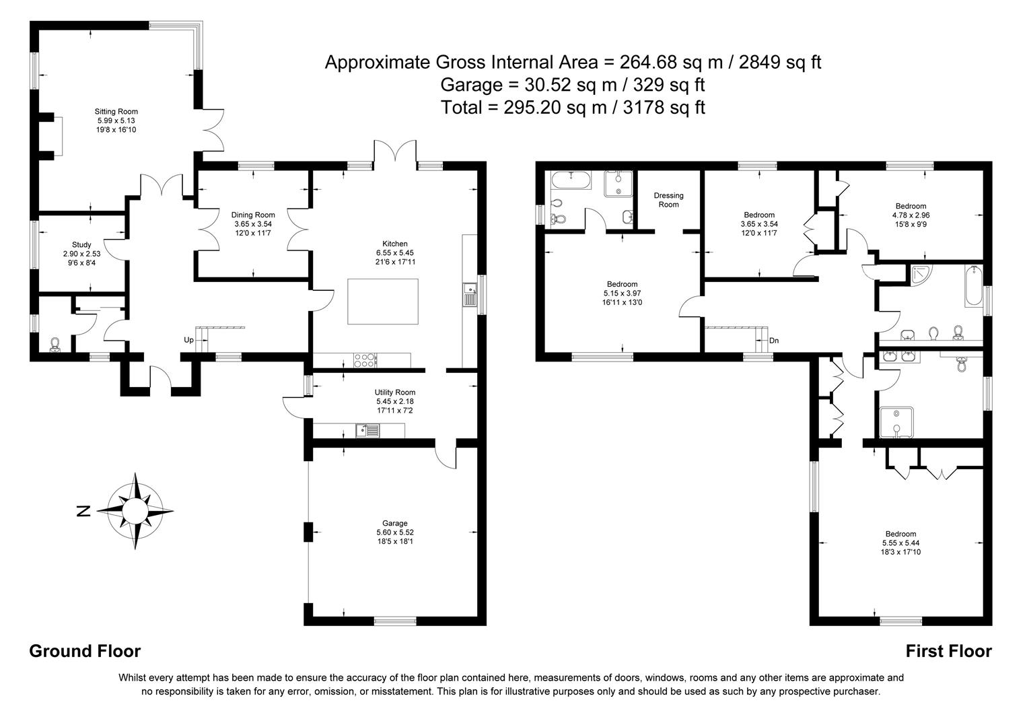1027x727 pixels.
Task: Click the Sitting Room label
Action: pos(116,112)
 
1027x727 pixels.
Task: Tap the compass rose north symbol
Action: pos(83,512)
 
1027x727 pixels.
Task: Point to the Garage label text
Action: pos(395,523)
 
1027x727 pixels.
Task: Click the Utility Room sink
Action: pos(369,430)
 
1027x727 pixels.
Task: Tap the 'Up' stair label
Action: pos(188,341)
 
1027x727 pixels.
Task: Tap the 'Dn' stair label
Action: pos(774,341)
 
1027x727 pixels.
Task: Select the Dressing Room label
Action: pos(668,200)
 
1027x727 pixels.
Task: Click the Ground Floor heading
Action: pos(85,651)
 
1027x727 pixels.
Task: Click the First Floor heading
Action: pos(948,651)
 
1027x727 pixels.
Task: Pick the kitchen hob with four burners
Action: pos(364,361)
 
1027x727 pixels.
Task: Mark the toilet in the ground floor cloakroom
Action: pos(55,345)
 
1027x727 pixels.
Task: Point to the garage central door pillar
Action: pos(308,532)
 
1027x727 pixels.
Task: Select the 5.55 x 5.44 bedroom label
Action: pos(900,543)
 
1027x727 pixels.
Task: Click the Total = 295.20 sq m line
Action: pos(573,107)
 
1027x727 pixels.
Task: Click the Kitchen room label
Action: pos(395,244)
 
